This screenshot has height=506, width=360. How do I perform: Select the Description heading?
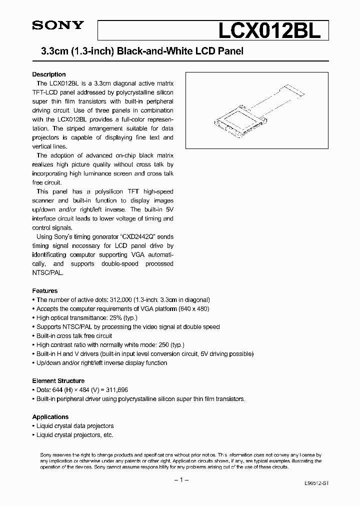point(49,74)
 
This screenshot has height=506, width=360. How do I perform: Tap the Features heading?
point(45,290)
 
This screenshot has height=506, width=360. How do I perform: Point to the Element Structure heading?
point(58,380)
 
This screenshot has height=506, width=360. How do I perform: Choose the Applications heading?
point(50,416)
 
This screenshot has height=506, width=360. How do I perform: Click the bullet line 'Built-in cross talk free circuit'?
point(74,335)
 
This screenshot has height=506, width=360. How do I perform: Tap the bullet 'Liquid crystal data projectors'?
point(75,425)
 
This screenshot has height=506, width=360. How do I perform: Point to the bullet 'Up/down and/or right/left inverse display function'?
point(101,362)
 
